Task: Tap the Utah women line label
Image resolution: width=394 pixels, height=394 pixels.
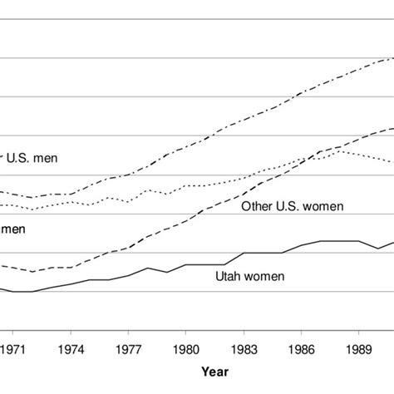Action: [x=250, y=276]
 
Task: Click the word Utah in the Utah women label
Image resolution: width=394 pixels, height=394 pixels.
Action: [x=229, y=276]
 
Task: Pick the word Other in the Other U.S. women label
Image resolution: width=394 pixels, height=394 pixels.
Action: [x=255, y=205]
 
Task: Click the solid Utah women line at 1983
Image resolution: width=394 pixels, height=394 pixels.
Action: [x=244, y=253]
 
